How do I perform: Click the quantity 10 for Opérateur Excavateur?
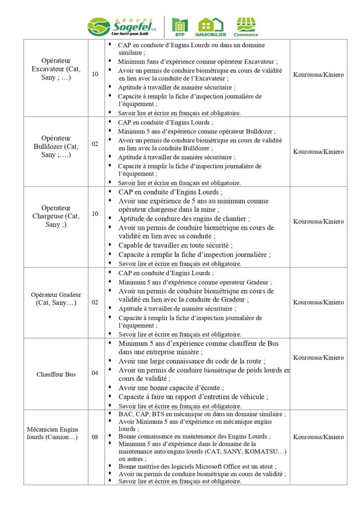pyautogui.click(x=95, y=74)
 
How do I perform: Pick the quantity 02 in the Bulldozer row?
pyautogui.click(x=95, y=144)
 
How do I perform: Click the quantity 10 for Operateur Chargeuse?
pyautogui.click(x=95, y=214)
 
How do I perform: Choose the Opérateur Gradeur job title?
pyautogui.click(x=56, y=299)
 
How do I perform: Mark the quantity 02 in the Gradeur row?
pyautogui.click(x=95, y=302)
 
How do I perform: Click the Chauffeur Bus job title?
pyautogui.click(x=56, y=374)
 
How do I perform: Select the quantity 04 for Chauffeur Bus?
pyautogui.click(x=95, y=373)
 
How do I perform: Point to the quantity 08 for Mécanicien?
pyautogui.click(x=95, y=437)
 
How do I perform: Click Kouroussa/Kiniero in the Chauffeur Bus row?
pyautogui.click(x=318, y=358)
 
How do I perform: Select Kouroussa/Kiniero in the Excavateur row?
pyautogui.click(x=318, y=75)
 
